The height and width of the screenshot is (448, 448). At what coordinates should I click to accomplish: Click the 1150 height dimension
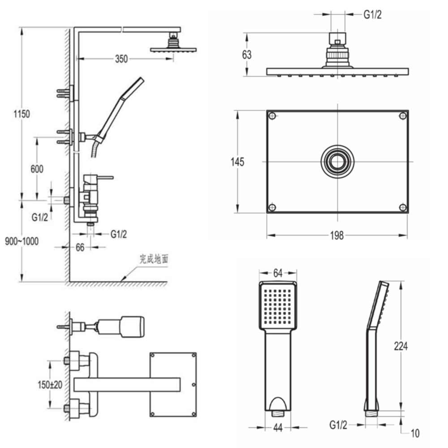(x=22, y=114)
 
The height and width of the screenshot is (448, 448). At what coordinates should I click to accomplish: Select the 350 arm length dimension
(x=121, y=59)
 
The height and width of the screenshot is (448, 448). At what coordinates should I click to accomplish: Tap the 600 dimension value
(x=37, y=169)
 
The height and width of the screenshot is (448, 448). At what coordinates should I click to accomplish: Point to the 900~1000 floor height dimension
(x=22, y=241)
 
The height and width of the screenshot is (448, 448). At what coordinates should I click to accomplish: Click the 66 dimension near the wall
(x=80, y=247)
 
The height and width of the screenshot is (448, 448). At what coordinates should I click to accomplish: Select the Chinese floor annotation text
(x=154, y=258)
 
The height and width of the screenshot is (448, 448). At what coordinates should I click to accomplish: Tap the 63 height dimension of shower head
(x=246, y=55)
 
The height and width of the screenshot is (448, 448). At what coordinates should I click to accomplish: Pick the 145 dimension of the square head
(x=238, y=162)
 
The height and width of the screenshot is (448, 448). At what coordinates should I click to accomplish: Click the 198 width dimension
(x=337, y=235)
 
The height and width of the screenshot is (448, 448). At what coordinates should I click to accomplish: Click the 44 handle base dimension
(x=278, y=428)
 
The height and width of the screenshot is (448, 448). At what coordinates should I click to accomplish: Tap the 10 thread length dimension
(x=414, y=433)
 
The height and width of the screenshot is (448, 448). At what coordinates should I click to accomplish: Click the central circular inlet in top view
(x=337, y=162)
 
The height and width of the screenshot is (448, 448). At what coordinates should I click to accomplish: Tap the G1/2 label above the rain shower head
(x=372, y=15)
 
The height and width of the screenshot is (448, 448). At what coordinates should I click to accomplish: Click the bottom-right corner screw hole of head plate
(x=402, y=207)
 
